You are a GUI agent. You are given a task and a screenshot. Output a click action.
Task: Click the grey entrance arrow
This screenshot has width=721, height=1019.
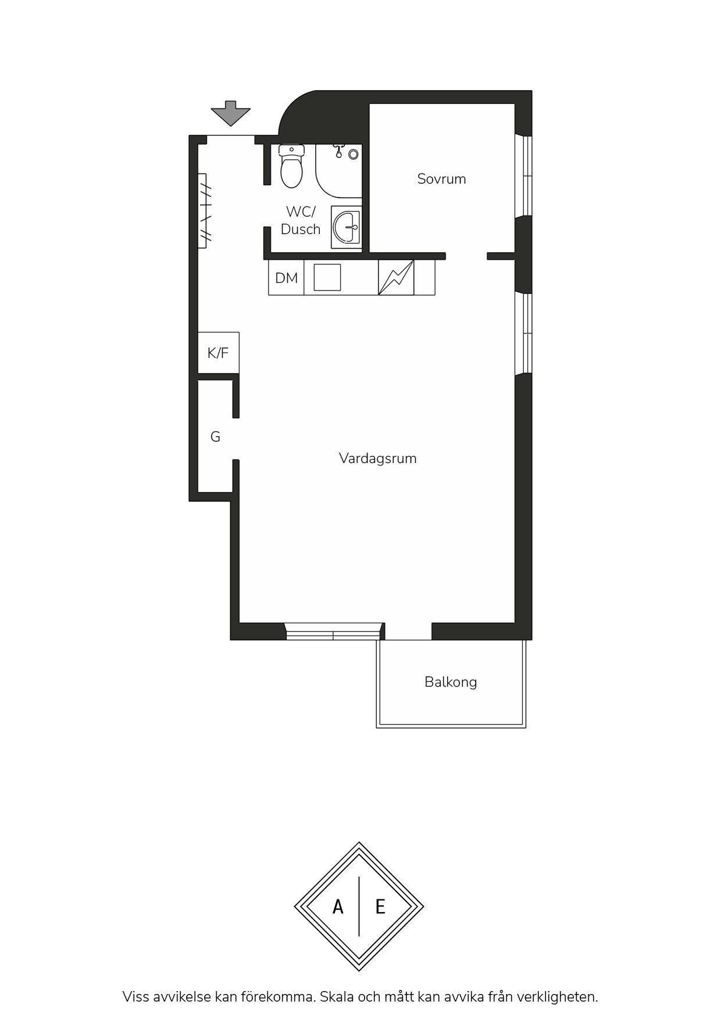(231, 113)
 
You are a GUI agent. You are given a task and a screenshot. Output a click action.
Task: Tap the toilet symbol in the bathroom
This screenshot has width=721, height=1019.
(291, 166)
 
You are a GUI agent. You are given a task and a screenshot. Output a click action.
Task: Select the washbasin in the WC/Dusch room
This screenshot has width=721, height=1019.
(347, 227)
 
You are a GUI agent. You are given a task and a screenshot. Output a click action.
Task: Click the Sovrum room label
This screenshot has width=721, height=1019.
(441, 179)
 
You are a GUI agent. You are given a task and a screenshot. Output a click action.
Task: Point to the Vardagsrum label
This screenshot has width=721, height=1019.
(378, 458)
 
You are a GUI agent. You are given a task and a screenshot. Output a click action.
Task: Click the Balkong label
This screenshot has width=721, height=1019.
(451, 682)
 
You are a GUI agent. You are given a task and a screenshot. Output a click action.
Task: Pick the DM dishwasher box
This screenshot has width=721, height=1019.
(286, 278)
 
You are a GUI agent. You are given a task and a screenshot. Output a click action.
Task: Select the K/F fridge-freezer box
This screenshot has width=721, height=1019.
(218, 353)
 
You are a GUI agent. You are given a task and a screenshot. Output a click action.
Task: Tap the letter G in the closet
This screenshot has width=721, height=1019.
(215, 437)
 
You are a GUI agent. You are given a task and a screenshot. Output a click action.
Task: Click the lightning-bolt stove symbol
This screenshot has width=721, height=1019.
(396, 278)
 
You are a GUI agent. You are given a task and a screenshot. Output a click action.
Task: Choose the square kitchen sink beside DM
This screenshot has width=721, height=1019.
(327, 278)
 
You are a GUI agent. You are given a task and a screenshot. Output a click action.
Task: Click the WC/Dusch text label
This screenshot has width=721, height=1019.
(301, 220)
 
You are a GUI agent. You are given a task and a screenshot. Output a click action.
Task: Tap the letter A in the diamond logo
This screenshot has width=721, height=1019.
(338, 906)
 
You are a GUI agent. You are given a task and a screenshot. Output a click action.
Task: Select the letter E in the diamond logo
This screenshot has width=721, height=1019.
(380, 906)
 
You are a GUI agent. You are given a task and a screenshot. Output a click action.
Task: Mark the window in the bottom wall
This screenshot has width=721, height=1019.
(334, 632)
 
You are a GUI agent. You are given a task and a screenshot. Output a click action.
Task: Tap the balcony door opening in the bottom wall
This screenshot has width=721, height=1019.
(408, 632)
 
